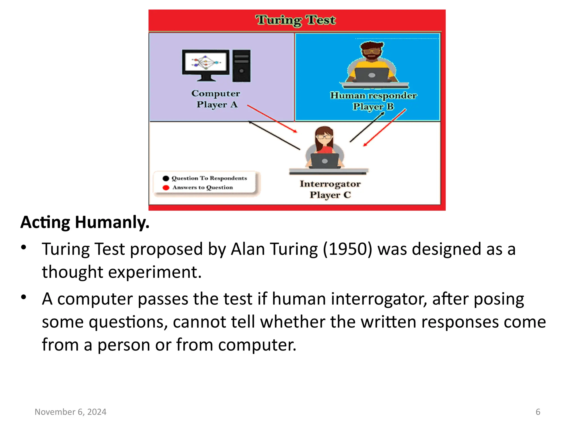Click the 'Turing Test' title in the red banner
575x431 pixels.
click(295, 20)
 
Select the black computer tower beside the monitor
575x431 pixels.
click(241, 66)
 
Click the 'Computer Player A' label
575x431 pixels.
click(216, 99)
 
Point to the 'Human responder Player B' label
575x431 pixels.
click(373, 101)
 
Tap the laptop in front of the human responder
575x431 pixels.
click(371, 75)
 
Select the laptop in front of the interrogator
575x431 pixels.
click(325, 161)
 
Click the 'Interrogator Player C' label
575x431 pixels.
click(330, 189)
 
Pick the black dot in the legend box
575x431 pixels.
click(166, 178)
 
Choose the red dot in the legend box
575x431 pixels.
click(166, 188)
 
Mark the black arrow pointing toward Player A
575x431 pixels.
click(274, 135)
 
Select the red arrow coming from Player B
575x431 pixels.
click(385, 128)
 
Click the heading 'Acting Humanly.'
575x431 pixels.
click(85, 223)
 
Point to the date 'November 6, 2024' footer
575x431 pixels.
click(70, 412)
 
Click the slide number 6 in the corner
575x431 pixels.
click(538, 412)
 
